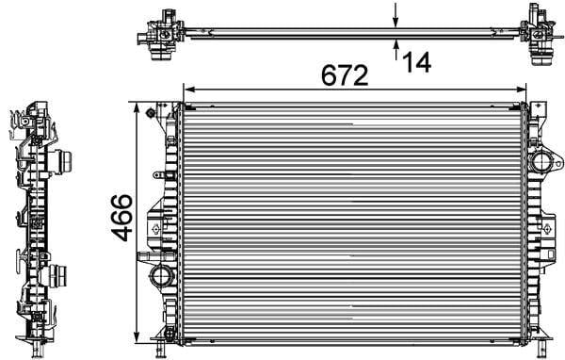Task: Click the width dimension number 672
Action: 345,75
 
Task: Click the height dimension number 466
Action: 121,218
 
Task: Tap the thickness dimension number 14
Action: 416,62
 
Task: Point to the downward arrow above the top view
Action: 395,15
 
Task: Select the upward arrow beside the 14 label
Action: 396,49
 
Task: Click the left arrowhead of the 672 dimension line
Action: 189,90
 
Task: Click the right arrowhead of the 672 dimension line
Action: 521,90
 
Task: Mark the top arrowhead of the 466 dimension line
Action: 137,107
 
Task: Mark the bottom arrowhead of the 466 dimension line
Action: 137,337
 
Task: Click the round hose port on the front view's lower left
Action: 161,276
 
